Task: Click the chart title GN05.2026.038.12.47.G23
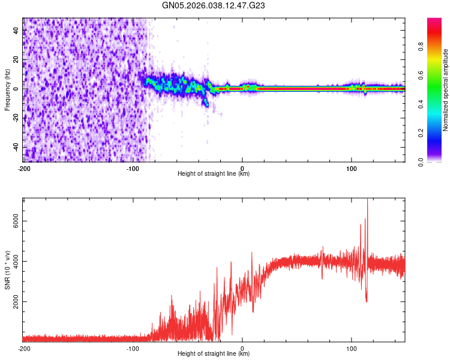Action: pos(214,5)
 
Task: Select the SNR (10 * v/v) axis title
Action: pos(7,269)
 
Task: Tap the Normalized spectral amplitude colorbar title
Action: pos(445,90)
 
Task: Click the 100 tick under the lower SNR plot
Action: pos(352,349)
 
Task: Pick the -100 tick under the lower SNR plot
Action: pos(133,349)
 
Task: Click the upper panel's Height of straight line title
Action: pos(214,174)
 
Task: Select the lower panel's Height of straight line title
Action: pos(214,354)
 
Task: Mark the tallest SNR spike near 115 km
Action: pos(367,200)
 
